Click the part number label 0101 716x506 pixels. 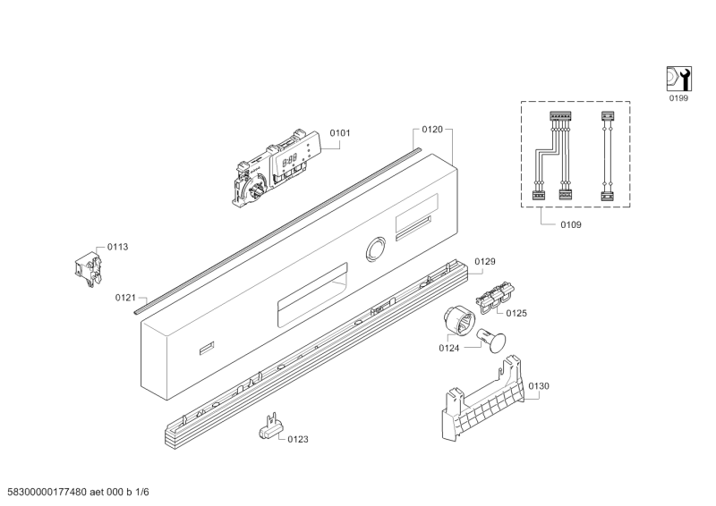tap(340, 133)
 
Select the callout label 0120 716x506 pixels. tap(432, 130)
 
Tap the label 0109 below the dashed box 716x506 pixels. tap(571, 224)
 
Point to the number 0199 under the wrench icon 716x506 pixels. tap(678, 98)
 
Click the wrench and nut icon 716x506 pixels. tap(678, 79)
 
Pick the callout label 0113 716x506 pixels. tap(117, 247)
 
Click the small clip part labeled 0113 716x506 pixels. tap(88, 270)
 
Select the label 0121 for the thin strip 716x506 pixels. tap(125, 298)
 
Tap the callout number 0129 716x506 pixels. tap(485, 261)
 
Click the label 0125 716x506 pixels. tap(516, 313)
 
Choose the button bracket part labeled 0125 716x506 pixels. tap(495, 297)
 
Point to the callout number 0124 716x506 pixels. tap(449, 348)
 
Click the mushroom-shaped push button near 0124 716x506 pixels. tap(492, 341)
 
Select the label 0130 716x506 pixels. tap(539, 386)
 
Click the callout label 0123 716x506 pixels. tap(298, 439)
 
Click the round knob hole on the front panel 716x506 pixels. tap(375, 249)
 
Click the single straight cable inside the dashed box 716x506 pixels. tap(607, 156)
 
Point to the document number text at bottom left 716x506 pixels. tap(74, 492)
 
